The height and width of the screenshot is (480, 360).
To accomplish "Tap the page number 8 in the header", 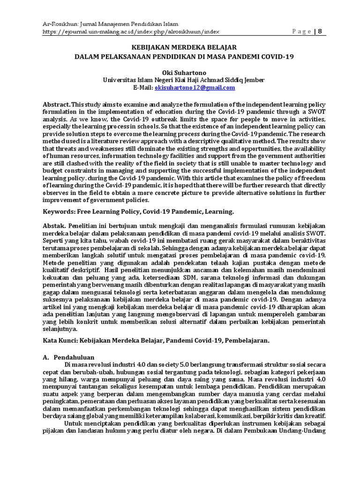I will [x=321, y=31].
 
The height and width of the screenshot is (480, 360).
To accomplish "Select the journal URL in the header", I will [x=131, y=31].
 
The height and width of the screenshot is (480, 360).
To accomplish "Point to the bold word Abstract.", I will [x=57, y=104].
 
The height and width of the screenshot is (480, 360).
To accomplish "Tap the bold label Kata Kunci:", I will [x=60, y=339].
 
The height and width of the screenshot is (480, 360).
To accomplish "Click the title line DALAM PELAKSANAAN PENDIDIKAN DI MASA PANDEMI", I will [x=184, y=56].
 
